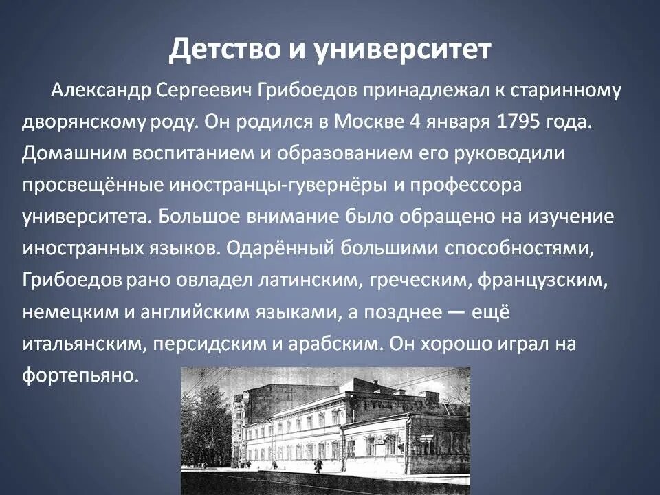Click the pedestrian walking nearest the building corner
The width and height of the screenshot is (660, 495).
[x=318, y=465]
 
